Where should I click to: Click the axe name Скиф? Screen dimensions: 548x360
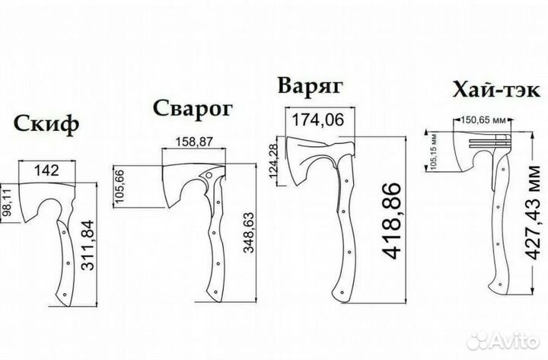pyautogui.click(x=46, y=124)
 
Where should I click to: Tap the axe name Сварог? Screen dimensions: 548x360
pyautogui.click(x=193, y=109)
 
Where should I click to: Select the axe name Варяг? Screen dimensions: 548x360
pyautogui.click(x=311, y=86)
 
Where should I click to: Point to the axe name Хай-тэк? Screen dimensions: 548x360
pyautogui.click(x=496, y=90)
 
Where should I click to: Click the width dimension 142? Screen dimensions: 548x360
pyautogui.click(x=46, y=170)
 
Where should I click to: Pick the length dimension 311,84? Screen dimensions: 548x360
pyautogui.click(x=88, y=245)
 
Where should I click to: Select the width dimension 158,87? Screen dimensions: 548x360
pyautogui.click(x=194, y=142)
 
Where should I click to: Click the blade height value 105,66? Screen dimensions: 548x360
pyautogui.click(x=119, y=186)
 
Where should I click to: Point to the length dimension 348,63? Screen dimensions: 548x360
pyautogui.click(x=249, y=232)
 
